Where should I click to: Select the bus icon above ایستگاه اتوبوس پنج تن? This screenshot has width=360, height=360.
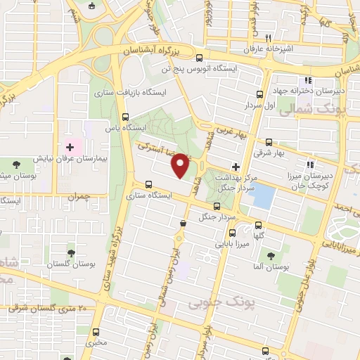(x=200, y=58)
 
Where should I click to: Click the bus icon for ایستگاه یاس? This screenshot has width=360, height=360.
(x=126, y=117)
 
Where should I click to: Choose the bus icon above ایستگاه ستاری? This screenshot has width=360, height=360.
(x=148, y=184)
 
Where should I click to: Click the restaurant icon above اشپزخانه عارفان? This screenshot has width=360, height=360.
(x=268, y=38)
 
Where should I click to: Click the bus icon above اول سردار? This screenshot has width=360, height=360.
(x=259, y=94)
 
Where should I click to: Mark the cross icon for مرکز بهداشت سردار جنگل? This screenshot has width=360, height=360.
(x=235, y=167)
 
